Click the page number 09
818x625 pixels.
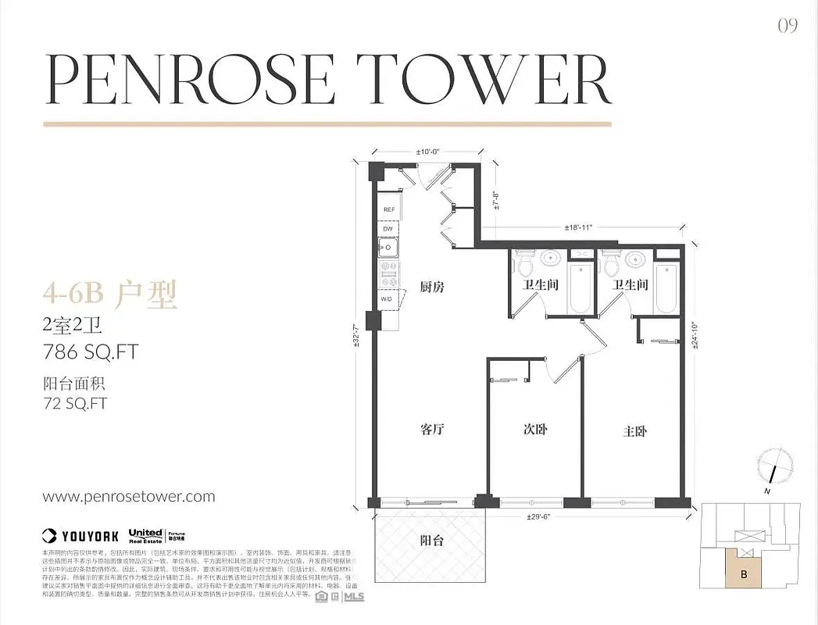click(x=788, y=26)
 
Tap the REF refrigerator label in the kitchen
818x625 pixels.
click(x=388, y=209)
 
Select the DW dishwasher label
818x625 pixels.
click(x=388, y=229)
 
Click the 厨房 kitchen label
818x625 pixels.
click(x=432, y=287)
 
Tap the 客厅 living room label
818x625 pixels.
click(x=432, y=430)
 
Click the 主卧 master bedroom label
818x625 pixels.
click(x=634, y=430)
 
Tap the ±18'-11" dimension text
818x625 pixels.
click(x=580, y=227)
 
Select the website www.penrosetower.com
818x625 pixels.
click(x=129, y=496)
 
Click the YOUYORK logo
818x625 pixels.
click(x=80, y=535)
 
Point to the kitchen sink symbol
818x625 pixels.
click(x=387, y=249)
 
